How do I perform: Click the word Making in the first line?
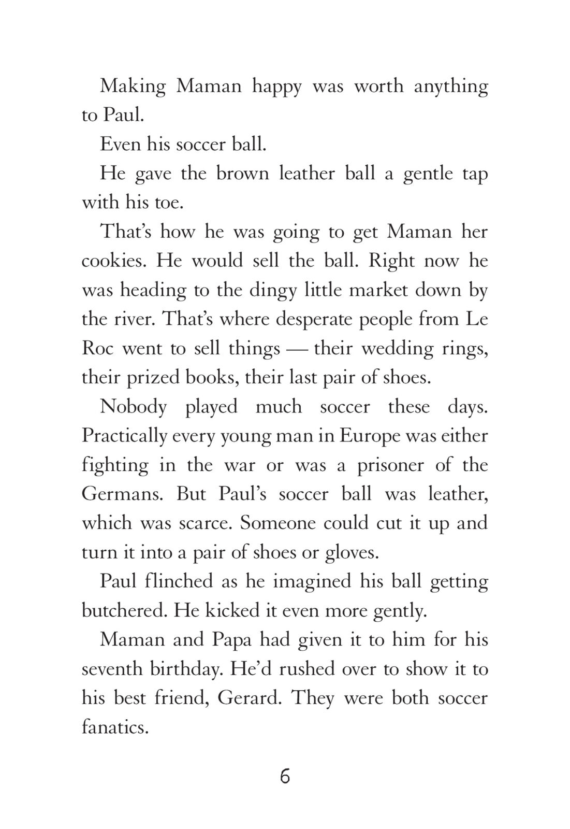click(x=133, y=86)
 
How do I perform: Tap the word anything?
click(x=450, y=86)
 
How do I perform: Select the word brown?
click(x=242, y=173)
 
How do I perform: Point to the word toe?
click(x=169, y=202)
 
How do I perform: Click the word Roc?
click(x=97, y=348)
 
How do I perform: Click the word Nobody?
click(x=133, y=406)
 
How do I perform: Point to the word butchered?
click(x=124, y=610)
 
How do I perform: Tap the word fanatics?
click(x=115, y=727)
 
